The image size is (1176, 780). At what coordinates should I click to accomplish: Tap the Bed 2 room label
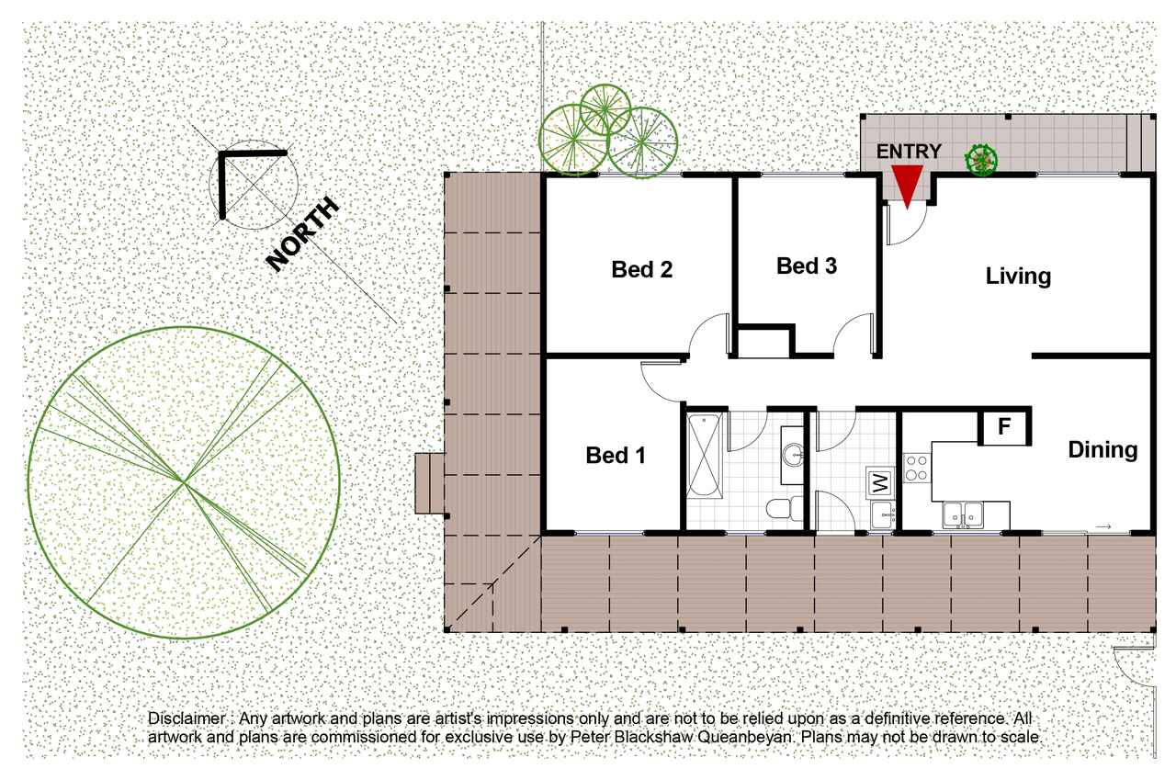click(x=641, y=269)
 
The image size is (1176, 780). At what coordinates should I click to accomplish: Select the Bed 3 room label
click(x=807, y=266)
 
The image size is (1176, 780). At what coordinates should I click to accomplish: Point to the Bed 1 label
click(x=616, y=455)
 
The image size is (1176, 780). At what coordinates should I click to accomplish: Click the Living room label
click(x=1018, y=277)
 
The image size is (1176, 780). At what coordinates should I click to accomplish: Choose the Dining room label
click(x=1102, y=450)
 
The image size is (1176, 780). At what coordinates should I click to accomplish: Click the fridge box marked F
click(x=1004, y=427)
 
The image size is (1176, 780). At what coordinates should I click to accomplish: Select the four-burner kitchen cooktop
click(x=917, y=469)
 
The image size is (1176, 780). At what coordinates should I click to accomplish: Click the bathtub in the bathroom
click(x=704, y=456)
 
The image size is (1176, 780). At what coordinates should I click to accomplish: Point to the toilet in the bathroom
click(x=785, y=508)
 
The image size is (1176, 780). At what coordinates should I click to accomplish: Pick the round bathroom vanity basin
click(x=793, y=455)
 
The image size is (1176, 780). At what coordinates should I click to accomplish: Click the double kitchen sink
click(x=962, y=514)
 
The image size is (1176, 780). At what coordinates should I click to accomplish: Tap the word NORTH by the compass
click(x=303, y=233)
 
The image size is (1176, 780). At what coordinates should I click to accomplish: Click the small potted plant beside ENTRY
click(x=981, y=159)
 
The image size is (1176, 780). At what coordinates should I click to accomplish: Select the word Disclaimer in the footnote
click(x=187, y=718)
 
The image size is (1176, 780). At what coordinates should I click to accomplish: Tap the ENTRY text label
click(x=909, y=152)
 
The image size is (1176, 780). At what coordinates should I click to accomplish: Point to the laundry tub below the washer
click(x=882, y=514)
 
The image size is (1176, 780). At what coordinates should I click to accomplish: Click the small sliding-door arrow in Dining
click(x=1103, y=526)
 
